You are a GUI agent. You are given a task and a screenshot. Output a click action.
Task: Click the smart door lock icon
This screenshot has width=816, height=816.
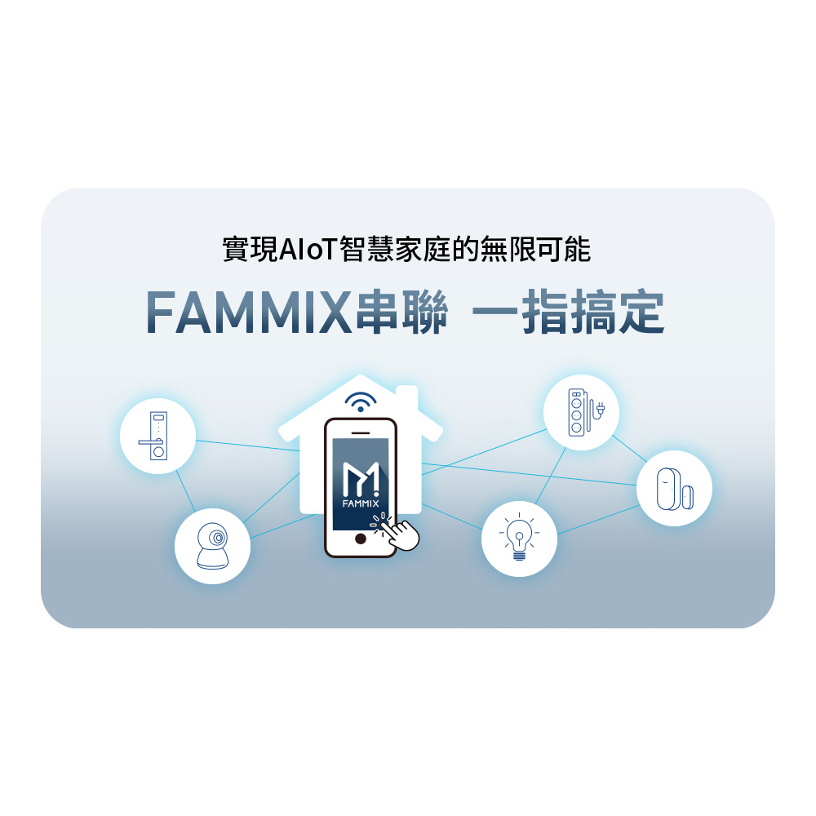point(154,436)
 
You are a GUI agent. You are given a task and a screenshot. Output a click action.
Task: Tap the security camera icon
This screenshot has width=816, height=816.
point(213,546)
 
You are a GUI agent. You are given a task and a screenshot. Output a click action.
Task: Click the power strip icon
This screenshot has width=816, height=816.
point(585,411)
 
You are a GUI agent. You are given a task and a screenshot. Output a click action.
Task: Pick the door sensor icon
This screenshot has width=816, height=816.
point(675,489)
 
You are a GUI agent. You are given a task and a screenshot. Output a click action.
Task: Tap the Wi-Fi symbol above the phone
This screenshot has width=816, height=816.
point(361,401)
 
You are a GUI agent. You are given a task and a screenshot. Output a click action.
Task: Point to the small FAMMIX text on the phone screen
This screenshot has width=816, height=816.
point(361,503)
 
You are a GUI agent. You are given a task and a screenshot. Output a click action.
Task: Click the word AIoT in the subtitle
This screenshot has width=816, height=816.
point(308,249)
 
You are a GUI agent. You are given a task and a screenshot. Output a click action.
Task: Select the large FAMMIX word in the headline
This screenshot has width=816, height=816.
point(249,313)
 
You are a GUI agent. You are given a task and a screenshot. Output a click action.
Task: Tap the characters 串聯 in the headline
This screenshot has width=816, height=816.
point(401,312)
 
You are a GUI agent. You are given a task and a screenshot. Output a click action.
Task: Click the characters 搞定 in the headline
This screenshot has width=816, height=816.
point(616,312)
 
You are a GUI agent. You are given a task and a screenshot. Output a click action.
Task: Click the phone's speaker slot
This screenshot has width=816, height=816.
point(361,432)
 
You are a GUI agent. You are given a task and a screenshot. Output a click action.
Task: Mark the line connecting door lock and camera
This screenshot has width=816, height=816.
point(185,490)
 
